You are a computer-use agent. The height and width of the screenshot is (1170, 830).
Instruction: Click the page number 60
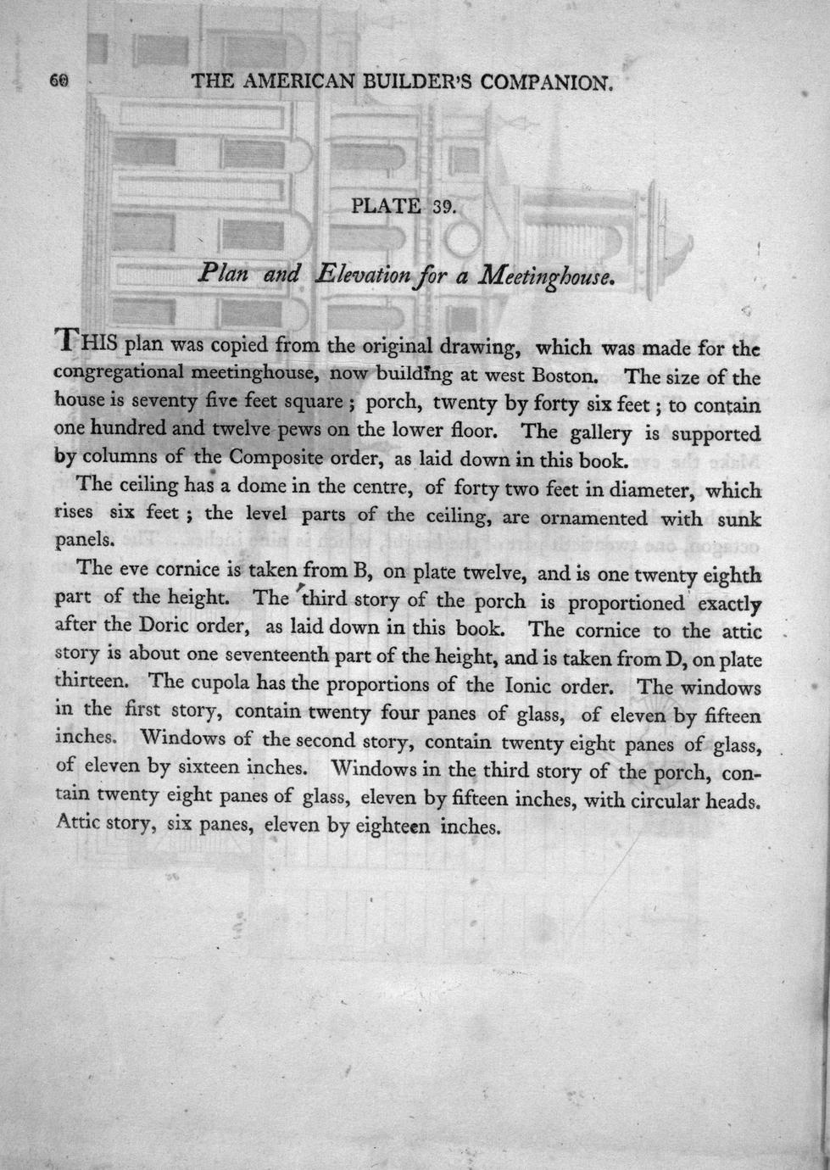58,81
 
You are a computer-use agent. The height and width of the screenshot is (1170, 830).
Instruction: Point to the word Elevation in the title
369,274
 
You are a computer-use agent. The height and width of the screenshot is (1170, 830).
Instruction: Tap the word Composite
274,460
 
